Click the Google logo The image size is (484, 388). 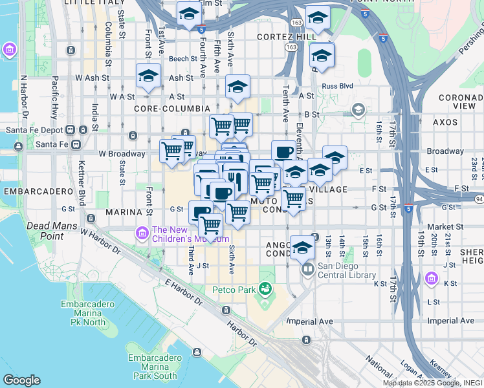21,380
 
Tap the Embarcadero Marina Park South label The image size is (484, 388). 152,367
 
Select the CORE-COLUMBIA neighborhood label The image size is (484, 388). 171,109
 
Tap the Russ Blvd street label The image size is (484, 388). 337,85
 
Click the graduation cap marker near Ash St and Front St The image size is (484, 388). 148,76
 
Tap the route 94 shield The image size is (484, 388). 478,199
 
